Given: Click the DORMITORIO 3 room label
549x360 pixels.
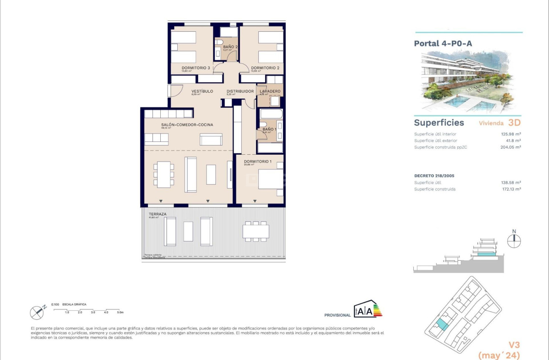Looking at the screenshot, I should click(x=195, y=68).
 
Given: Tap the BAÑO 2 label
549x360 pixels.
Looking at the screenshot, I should click(x=230, y=47).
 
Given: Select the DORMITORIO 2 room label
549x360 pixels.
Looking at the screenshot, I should click(x=265, y=68).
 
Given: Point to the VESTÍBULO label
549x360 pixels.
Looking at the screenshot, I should click(x=202, y=91).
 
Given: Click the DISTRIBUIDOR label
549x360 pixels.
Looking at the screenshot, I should click(x=240, y=91).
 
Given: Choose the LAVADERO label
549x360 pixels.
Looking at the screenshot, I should click(x=270, y=91).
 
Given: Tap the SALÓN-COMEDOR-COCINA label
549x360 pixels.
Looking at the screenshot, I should click(x=187, y=125).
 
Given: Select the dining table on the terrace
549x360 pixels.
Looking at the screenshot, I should click(x=256, y=231).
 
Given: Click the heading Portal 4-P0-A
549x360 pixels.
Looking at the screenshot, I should click(x=443, y=43).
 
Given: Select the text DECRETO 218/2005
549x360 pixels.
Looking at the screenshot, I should click(x=434, y=176).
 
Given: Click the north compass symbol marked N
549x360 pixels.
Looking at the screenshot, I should click(x=514, y=239).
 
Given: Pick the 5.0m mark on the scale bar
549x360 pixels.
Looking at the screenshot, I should click(x=120, y=312).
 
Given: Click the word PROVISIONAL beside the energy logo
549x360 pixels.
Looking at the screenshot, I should click(x=337, y=315).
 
